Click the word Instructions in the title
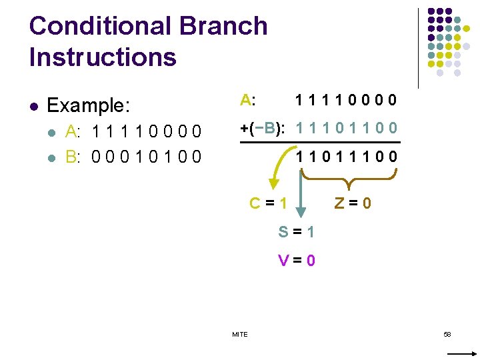[x=103, y=57]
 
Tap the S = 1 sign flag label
[x=297, y=232]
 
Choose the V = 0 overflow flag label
[x=297, y=261]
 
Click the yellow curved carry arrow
[x=277, y=175]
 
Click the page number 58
[x=447, y=333]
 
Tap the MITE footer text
[x=239, y=334]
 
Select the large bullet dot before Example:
[x=34, y=105]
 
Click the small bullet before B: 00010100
[x=53, y=157]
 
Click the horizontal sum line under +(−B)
[x=320, y=143]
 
